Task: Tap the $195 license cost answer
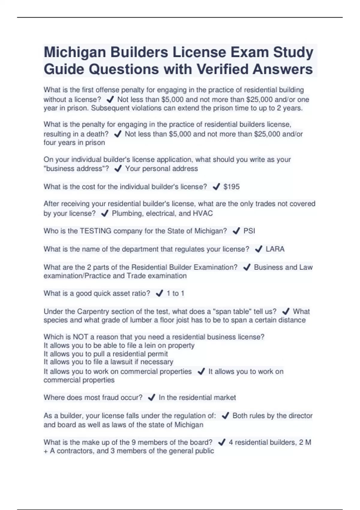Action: click(231, 187)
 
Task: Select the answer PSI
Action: click(249, 231)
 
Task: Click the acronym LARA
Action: click(275, 249)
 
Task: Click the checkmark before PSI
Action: click(236, 231)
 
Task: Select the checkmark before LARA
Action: click(258, 249)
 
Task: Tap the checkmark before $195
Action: click(216, 187)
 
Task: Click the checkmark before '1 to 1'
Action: click(159, 293)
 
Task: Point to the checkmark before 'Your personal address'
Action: click(118, 169)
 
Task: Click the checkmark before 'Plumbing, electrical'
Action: click(104, 213)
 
